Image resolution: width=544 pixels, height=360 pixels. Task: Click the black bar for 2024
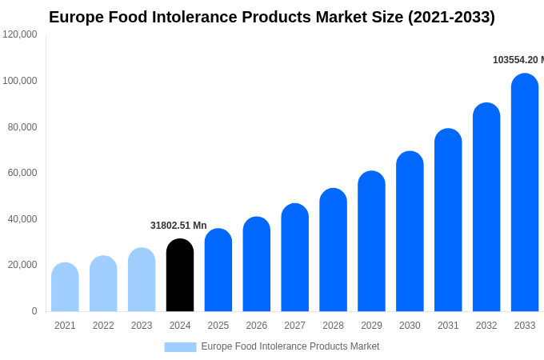(180, 275)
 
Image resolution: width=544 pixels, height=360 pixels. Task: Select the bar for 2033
(525, 193)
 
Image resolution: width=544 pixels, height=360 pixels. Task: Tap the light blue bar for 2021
(65, 287)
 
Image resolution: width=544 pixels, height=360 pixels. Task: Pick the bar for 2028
(333, 250)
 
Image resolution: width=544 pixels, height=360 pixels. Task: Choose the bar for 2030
(410, 232)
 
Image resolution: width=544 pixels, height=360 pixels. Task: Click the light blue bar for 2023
(142, 280)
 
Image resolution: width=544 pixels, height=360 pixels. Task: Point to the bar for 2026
(257, 265)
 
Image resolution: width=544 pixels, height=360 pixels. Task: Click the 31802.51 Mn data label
(178, 226)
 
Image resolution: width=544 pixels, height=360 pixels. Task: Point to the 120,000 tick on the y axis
(20, 34)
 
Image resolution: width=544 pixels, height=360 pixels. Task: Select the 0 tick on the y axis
(34, 311)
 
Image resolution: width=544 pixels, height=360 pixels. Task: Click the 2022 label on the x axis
(103, 326)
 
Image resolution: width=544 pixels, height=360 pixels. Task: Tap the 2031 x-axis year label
(448, 326)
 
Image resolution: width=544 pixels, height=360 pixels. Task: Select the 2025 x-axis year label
(218, 326)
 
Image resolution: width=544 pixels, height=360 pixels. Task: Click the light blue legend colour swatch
(180, 347)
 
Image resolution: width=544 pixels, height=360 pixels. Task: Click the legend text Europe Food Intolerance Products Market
(290, 346)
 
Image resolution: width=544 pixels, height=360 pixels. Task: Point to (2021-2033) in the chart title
(451, 17)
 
